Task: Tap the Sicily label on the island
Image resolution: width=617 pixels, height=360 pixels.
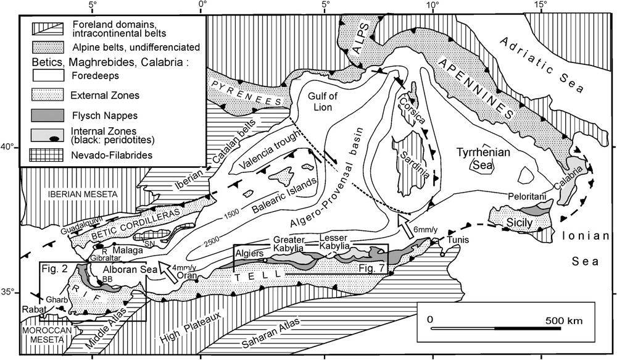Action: coord(520,224)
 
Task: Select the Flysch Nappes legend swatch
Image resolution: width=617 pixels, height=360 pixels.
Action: coord(48,115)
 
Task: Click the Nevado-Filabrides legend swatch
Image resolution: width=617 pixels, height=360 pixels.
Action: coord(48,155)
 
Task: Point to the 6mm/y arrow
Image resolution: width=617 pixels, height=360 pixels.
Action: coord(406,226)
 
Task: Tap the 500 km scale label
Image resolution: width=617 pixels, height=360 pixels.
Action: coord(564,320)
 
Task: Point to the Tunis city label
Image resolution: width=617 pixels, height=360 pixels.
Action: coord(457,239)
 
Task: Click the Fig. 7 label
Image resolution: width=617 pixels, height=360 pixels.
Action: coord(372,267)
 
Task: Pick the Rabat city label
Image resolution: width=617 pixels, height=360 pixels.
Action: coord(32,310)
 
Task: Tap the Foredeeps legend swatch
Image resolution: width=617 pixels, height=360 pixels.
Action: coord(48,75)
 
